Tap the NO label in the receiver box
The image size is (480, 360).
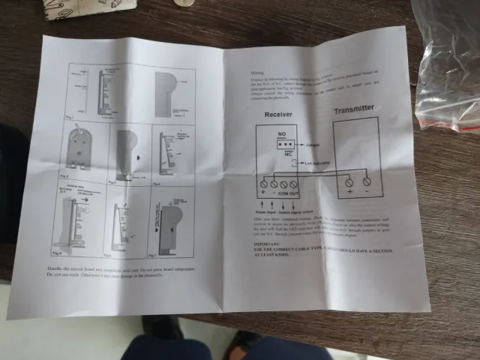tap(282, 133)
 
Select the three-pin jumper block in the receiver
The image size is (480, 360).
tap(283, 142)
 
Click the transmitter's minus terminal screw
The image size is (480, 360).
tap(366, 181)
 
